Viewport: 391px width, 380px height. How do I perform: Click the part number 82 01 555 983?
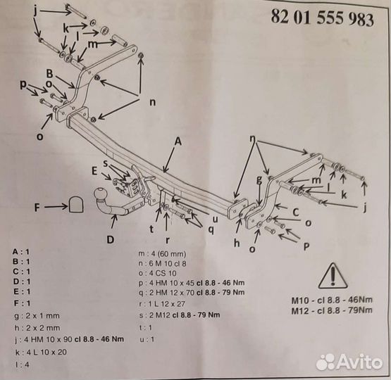[323, 18]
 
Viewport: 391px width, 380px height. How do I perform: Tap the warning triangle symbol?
[333, 276]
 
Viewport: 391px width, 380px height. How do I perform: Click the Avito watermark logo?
[349, 362]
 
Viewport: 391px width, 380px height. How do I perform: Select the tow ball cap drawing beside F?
[76, 204]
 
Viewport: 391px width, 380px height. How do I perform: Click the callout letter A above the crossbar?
[178, 141]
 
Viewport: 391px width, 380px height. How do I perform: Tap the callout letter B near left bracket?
[49, 74]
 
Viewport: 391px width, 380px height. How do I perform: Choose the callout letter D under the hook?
[110, 239]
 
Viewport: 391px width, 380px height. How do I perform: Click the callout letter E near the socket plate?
[94, 171]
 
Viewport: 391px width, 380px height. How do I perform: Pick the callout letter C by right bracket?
[296, 213]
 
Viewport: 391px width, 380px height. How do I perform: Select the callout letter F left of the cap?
[37, 207]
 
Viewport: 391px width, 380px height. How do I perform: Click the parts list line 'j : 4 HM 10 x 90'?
[69, 339]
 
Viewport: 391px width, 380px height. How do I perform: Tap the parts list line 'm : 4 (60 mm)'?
[162, 254]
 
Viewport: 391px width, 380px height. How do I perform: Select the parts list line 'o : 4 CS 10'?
[157, 273]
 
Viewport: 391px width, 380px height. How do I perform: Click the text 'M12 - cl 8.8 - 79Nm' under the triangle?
[332, 310]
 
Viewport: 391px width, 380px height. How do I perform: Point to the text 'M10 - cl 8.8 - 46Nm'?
[332, 300]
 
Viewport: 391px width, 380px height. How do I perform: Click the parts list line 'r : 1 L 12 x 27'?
[162, 304]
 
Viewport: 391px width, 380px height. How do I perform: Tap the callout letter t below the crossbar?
[151, 229]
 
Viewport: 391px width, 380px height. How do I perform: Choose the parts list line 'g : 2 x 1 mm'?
[37, 316]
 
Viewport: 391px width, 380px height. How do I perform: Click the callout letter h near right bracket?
[237, 243]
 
